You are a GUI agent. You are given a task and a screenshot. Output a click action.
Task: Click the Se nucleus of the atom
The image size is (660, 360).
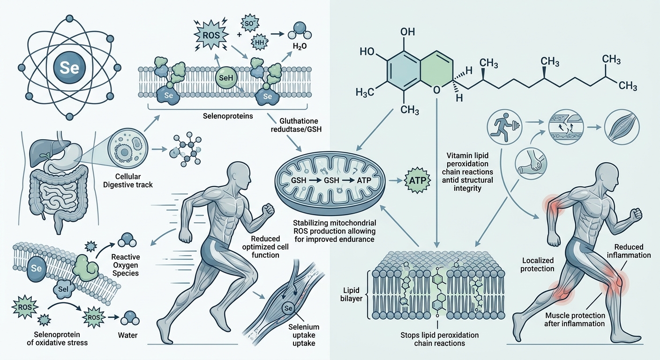pos(69,67)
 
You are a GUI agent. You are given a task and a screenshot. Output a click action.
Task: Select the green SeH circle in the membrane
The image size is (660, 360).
pos(226,78)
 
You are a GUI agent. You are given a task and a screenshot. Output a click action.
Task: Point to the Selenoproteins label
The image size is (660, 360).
pos(228,116)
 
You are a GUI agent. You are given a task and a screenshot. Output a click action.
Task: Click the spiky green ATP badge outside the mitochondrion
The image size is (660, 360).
pos(418,180)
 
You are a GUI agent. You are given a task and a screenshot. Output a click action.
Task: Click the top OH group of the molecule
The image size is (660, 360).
pos(408,32)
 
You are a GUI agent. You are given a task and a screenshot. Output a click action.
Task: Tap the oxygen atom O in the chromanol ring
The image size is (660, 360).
pos(437,90)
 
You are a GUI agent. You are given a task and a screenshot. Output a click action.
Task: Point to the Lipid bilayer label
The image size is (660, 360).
pos(351,294)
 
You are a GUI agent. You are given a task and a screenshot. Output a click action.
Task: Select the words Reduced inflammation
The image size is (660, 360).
pos(629,251)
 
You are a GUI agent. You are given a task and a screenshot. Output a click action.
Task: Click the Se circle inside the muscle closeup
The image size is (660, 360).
pos(288,308)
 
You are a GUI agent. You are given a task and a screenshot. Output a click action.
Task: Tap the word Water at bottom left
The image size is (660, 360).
pos(127,335)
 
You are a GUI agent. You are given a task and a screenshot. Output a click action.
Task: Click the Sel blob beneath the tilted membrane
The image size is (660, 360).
pos(63,289)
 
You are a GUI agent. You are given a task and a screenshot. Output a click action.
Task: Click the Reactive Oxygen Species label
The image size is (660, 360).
pos(126,265)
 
